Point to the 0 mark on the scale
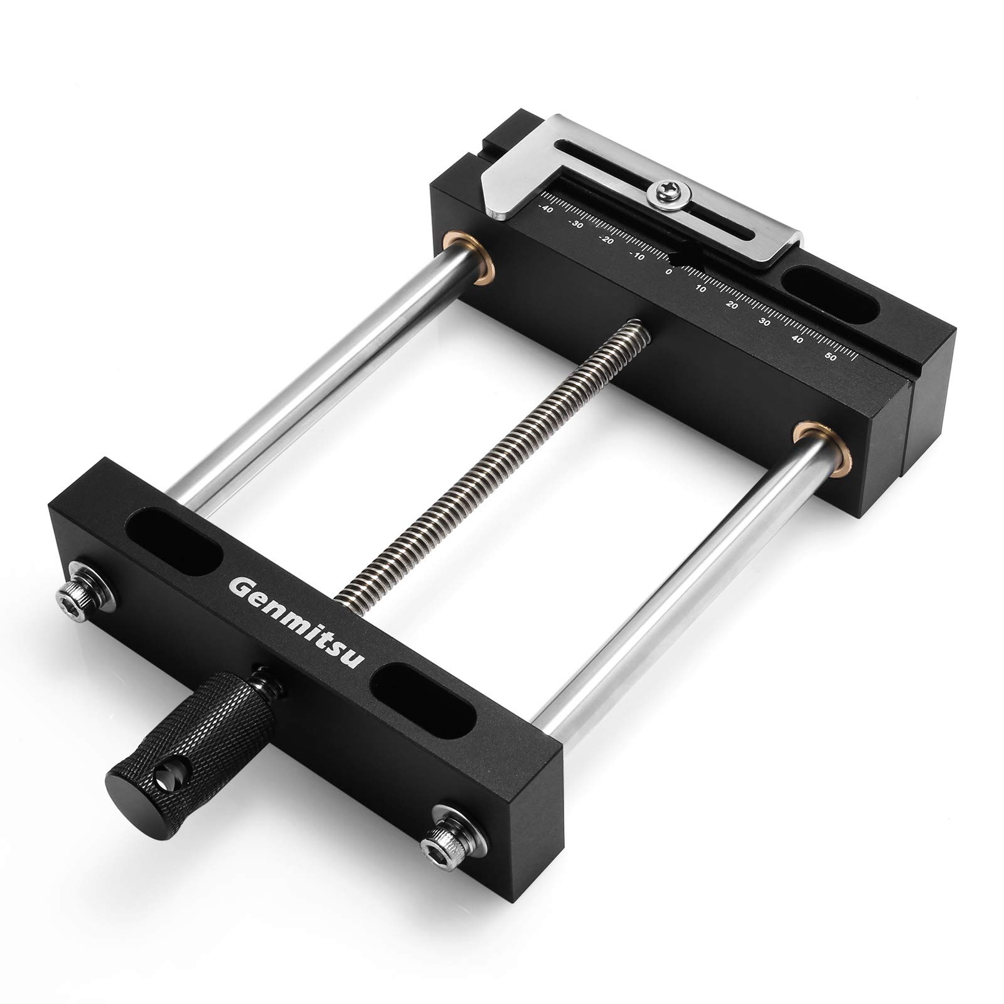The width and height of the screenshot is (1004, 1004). tap(669, 272)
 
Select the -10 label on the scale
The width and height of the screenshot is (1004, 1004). tap(638, 256)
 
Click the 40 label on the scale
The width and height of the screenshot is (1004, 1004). tap(798, 339)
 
